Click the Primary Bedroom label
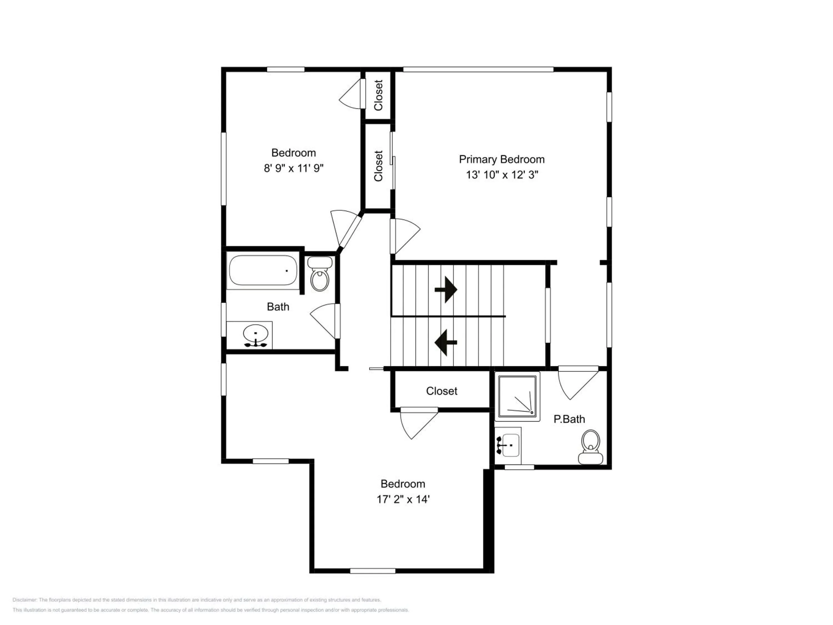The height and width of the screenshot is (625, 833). [x=502, y=160]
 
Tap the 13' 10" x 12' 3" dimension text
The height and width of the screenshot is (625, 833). [x=502, y=175]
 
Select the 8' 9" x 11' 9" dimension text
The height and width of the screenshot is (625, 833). [x=294, y=168]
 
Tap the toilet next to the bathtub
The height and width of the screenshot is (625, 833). [x=320, y=274]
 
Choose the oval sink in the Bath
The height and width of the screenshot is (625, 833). [x=256, y=334]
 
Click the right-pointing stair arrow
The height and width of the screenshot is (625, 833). [x=446, y=290]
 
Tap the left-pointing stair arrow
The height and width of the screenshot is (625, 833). [x=446, y=342]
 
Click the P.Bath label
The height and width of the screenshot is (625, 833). [x=569, y=419]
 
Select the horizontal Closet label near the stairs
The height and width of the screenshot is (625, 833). [x=442, y=391]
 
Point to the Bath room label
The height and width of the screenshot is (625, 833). [x=278, y=307]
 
